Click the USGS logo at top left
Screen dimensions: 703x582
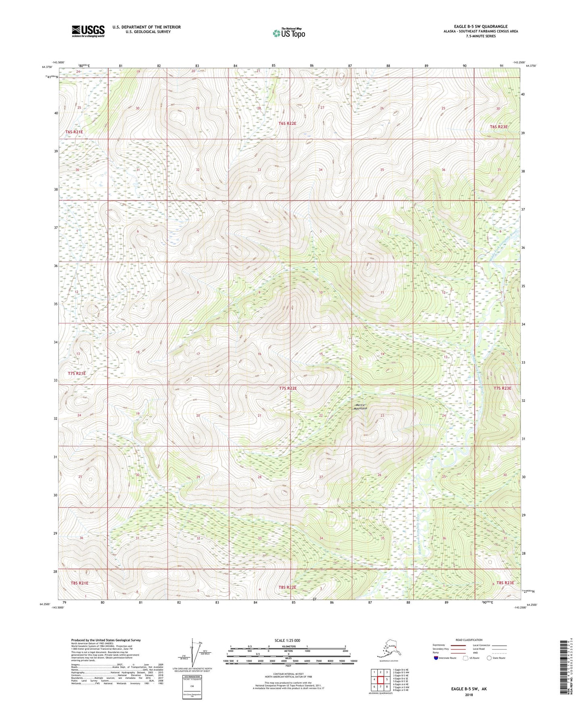coord(88,31)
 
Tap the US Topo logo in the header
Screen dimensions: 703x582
coord(288,33)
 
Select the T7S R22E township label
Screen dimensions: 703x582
coord(288,388)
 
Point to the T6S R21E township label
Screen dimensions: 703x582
coord(74,132)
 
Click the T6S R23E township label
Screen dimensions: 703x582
coord(499,127)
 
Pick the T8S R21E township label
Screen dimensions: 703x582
coord(78,583)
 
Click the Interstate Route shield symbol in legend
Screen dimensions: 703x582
coord(436,658)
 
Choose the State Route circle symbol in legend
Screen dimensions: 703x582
coord(489,658)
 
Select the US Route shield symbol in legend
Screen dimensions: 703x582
coord(466,658)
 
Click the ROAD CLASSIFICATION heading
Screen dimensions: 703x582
coord(469,640)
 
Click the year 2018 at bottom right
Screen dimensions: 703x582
coord(469,695)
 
